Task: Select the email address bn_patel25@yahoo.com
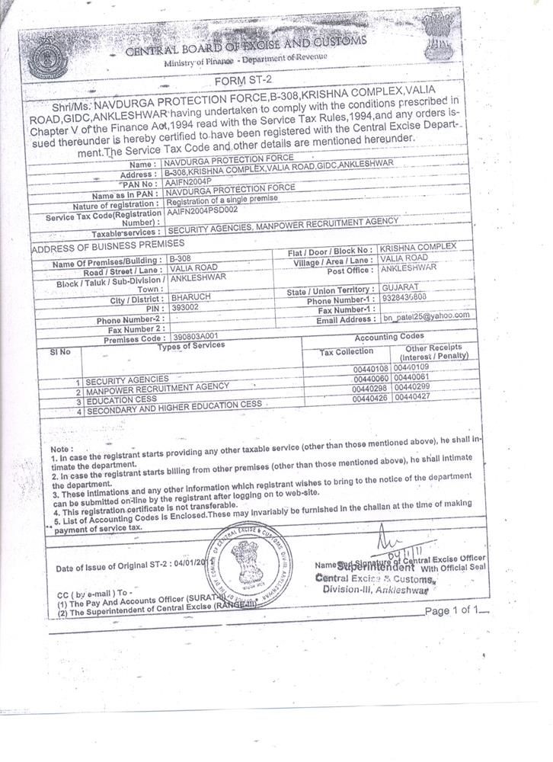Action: [426, 315]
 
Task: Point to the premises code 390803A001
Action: [196, 335]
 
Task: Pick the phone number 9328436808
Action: [405, 298]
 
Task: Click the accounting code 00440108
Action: [371, 368]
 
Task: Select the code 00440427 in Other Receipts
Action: [412, 397]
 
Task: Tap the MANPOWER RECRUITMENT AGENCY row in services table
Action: [157, 387]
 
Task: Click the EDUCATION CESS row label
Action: [111, 399]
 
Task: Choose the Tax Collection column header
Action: [347, 351]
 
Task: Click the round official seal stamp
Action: [249, 563]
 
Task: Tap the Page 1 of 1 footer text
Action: [452, 610]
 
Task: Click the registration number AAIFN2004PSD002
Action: [203, 209]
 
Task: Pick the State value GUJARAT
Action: [397, 289]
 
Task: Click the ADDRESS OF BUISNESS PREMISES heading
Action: [108, 244]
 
